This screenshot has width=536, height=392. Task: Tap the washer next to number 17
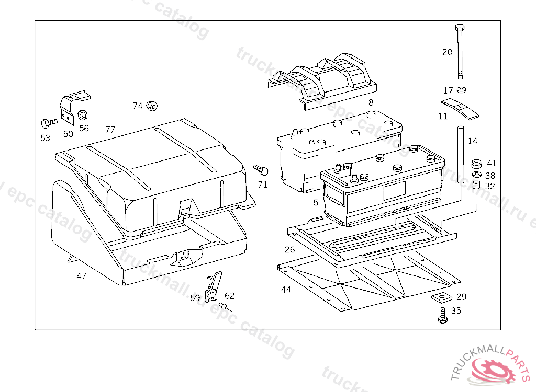tap(461, 90)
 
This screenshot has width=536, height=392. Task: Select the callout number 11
tap(443, 116)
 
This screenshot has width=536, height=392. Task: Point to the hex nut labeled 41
tap(476, 164)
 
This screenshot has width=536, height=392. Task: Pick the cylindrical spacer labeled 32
tap(476, 186)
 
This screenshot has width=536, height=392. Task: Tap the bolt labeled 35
tap(443, 315)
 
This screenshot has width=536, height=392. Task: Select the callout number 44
tap(286, 289)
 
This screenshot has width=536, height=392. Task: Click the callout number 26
tap(290, 249)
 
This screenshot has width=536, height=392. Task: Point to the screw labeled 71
tap(261, 169)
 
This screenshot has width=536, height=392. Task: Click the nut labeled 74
tap(152, 106)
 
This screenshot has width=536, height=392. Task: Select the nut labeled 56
tap(83, 115)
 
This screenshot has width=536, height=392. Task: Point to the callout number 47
tap(82, 276)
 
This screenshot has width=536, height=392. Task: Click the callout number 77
tap(110, 129)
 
